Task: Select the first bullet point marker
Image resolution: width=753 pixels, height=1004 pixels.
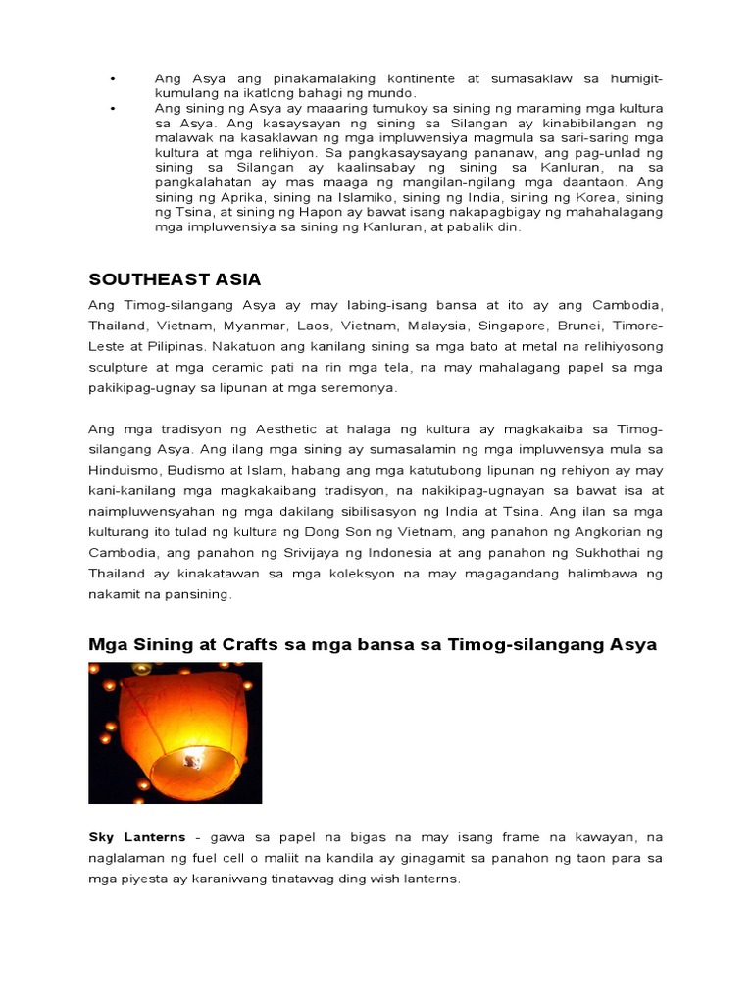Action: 114,77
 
